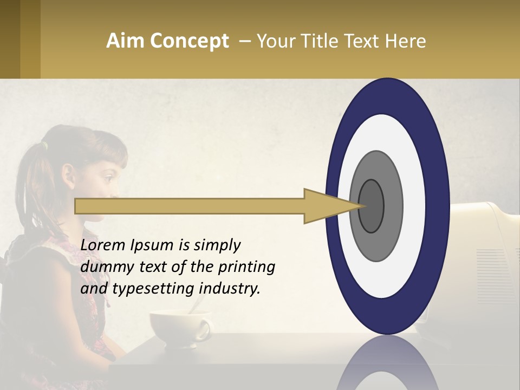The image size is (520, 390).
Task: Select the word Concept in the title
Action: coord(190,42)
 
